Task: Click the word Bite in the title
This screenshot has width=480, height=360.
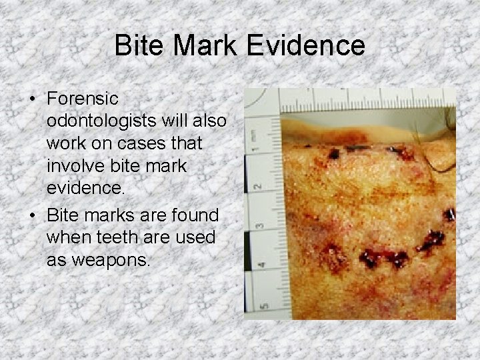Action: pos(137,46)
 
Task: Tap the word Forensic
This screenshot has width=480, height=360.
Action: pos(83,99)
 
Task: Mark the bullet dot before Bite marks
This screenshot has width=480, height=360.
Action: pos(33,216)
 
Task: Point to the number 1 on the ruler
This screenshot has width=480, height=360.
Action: pos(256,135)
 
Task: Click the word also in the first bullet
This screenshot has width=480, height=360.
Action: pos(209,123)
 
